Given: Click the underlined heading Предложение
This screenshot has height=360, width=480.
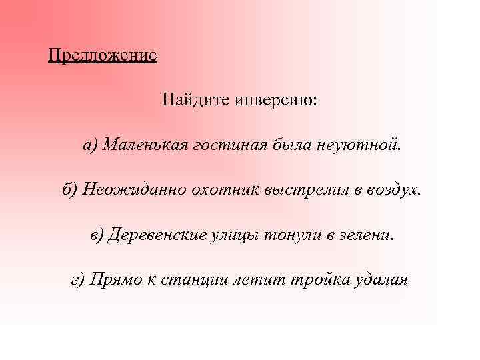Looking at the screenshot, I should pyautogui.click(x=103, y=54).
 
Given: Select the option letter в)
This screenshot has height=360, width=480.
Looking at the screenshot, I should pyautogui.click(x=97, y=235).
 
